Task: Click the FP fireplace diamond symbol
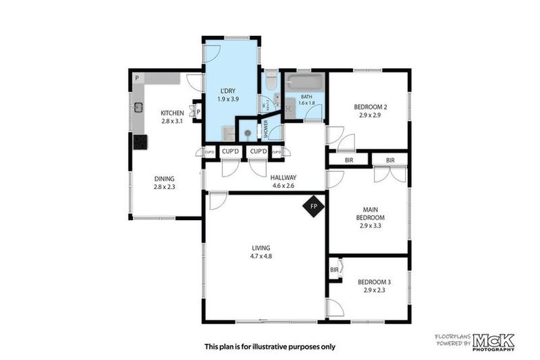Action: (314, 206)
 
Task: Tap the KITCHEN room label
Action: (172, 117)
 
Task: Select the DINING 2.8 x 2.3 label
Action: (165, 183)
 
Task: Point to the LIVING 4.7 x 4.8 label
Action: (262, 252)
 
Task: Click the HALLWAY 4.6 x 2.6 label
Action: (284, 181)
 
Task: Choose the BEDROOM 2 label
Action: (369, 110)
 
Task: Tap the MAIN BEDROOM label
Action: (371, 217)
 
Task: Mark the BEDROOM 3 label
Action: (377, 285)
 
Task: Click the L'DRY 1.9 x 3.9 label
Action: (229, 95)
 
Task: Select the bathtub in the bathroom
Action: (304, 82)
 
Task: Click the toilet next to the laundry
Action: (271, 83)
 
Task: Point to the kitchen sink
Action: (139, 108)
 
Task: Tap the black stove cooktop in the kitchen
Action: (140, 141)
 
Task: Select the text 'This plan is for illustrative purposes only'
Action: (270, 346)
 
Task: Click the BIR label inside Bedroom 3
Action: (335, 269)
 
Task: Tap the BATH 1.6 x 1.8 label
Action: (307, 100)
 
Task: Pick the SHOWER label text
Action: (266, 128)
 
